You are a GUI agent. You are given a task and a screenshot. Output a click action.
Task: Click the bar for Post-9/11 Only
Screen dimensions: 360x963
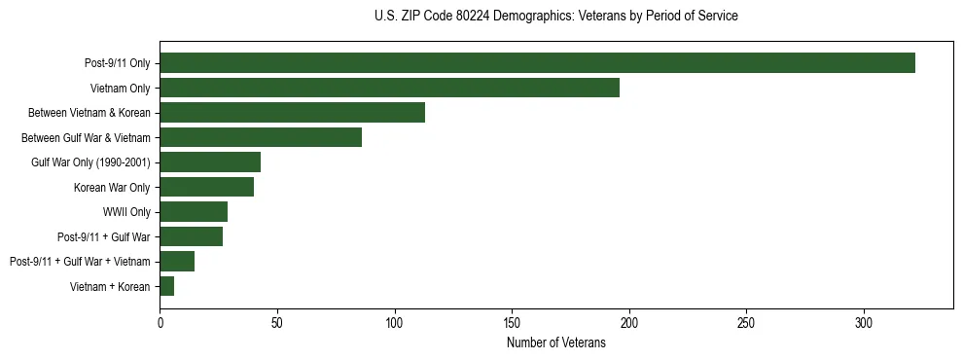tap(537, 63)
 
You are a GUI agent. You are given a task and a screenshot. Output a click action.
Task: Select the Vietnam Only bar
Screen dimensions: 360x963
tap(389, 88)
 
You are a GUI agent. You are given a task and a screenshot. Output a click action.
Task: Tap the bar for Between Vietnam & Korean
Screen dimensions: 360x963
tap(292, 113)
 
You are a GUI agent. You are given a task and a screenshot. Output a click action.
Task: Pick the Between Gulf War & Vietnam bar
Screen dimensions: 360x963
tap(261, 137)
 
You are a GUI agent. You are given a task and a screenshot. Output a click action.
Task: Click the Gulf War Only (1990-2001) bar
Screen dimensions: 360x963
tap(210, 162)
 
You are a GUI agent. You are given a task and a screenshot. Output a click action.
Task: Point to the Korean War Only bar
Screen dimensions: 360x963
tap(206, 187)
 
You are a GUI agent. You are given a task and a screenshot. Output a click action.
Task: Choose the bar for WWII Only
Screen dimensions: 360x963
tap(194, 212)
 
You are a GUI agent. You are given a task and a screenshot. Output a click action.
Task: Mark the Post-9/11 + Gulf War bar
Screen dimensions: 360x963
tap(191, 236)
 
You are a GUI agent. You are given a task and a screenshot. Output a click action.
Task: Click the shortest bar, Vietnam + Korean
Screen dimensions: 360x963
tap(166, 286)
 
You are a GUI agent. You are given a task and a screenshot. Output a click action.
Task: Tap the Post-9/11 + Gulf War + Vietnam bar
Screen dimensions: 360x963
tap(177, 262)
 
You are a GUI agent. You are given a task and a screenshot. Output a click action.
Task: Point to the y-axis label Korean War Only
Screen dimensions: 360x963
tap(111, 187)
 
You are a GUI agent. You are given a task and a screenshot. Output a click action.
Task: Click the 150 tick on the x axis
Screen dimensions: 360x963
tap(512, 321)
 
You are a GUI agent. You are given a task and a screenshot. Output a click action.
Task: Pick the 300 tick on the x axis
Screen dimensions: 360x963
tap(864, 321)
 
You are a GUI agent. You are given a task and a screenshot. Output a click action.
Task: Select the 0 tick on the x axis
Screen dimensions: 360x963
tap(160, 321)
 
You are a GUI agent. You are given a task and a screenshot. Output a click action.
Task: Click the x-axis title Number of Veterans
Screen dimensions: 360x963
tap(555, 342)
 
